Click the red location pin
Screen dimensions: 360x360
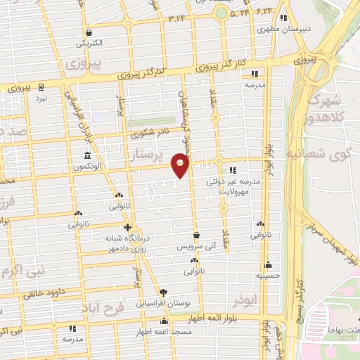pyautogui.click(x=181, y=165)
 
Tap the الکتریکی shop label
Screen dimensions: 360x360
pyautogui.click(x=89, y=43)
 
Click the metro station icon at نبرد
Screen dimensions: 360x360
pyautogui.click(x=41, y=87)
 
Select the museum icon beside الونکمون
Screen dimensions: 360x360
pyautogui.click(x=87, y=155)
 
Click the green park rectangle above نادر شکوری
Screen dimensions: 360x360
pyautogui.click(x=151, y=121)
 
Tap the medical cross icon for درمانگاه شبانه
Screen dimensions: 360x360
pyautogui.click(x=127, y=227)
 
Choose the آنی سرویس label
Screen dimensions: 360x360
pyautogui.click(x=193, y=248)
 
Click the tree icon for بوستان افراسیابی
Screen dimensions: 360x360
pyautogui.click(x=163, y=292)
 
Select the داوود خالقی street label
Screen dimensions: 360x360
pyautogui.click(x=41, y=292)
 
